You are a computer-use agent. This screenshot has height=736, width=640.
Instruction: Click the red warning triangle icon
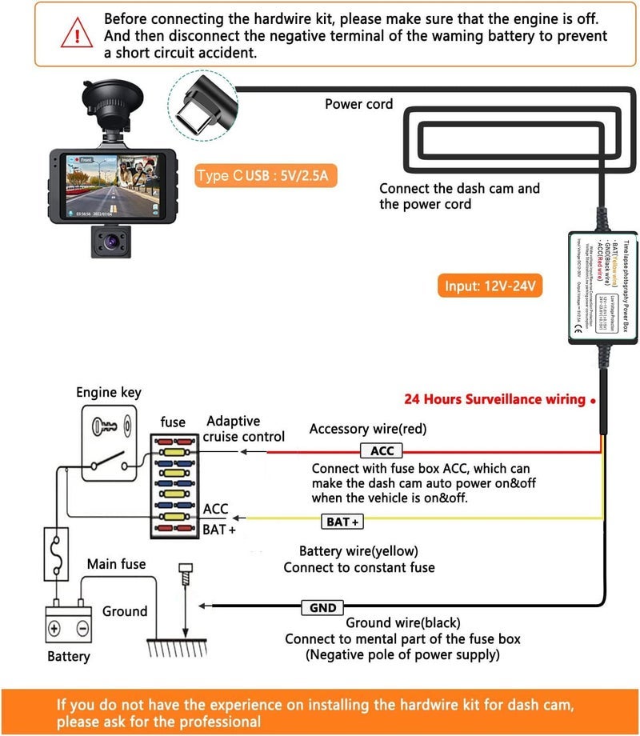(x=76, y=34)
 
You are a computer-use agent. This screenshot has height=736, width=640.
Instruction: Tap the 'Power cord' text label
(x=358, y=104)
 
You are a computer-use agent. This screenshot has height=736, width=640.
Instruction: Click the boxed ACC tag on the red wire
(x=382, y=451)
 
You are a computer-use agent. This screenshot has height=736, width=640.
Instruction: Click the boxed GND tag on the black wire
(x=322, y=608)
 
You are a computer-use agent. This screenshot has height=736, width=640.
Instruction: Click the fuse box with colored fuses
(x=173, y=485)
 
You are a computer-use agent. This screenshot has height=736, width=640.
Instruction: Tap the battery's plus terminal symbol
(x=55, y=628)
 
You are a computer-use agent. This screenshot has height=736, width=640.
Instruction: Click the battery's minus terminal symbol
(x=82, y=628)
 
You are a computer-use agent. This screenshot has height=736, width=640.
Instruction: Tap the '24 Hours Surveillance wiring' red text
(x=494, y=399)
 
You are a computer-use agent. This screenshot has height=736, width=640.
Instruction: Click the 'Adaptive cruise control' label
(x=243, y=429)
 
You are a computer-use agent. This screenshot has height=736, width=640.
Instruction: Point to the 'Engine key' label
(x=109, y=392)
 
